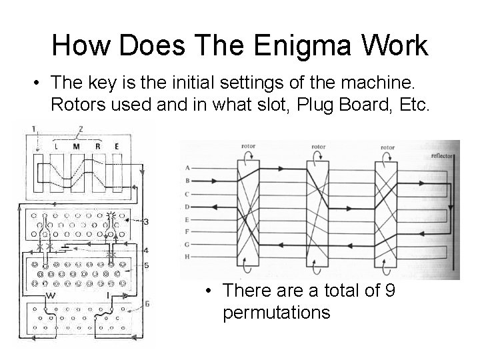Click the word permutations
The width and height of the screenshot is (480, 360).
pyautogui.click(x=277, y=312)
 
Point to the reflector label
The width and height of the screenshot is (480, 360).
pyautogui.click(x=442, y=155)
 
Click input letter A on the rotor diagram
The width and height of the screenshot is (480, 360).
pyautogui.click(x=188, y=167)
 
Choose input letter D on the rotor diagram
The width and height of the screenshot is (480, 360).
pyautogui.click(x=188, y=206)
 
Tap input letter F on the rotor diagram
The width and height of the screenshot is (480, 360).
pyautogui.click(x=188, y=231)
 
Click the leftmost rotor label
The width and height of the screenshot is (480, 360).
pyautogui.click(x=248, y=147)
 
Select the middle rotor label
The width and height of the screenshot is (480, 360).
pyautogui.click(x=318, y=147)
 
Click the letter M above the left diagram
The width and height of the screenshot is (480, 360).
pyautogui.click(x=77, y=145)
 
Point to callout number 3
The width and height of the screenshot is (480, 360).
pyautogui.click(x=145, y=221)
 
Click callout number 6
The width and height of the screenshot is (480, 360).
pyautogui.click(x=146, y=303)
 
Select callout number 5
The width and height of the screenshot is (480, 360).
pyautogui.click(x=146, y=265)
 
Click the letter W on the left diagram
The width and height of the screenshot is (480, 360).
pyautogui.click(x=50, y=295)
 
